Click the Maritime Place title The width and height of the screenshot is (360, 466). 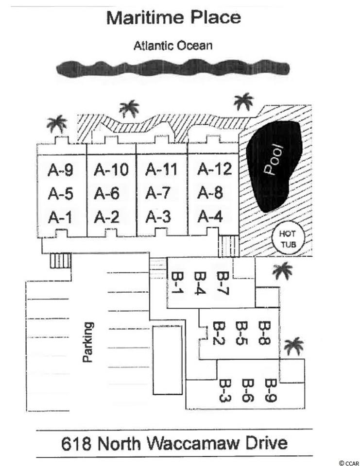point(173,18)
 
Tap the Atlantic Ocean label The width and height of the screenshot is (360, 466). point(173,46)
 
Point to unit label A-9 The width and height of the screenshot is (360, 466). point(61,170)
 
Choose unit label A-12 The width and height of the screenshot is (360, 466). point(215,169)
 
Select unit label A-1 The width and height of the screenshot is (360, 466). point(61,217)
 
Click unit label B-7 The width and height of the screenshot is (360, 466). point(223,283)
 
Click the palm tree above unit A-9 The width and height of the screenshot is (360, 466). point(57,125)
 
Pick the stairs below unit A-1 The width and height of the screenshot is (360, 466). point(60,262)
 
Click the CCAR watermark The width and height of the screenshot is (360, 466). point(348,462)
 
